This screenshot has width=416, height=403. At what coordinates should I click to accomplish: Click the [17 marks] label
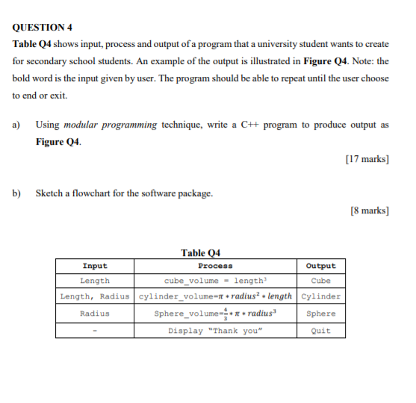(x=367, y=157)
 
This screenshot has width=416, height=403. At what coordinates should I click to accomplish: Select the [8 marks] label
(x=369, y=210)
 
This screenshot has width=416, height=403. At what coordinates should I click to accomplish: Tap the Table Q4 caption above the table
(x=200, y=252)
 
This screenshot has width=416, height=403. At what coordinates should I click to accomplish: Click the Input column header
(x=95, y=266)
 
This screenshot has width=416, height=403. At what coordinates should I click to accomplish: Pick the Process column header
(x=215, y=266)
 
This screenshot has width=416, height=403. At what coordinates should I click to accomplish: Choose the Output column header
(x=321, y=266)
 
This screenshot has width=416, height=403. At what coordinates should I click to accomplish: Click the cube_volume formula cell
(x=215, y=281)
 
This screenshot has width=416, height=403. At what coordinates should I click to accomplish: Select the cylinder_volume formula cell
(x=215, y=296)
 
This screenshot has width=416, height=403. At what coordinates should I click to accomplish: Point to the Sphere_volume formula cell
(x=215, y=313)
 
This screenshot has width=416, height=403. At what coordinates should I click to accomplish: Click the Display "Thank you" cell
(x=215, y=331)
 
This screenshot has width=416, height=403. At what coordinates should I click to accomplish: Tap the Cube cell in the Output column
(x=321, y=281)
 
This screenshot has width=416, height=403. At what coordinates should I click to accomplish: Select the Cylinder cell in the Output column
(x=321, y=296)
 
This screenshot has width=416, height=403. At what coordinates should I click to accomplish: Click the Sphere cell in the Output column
(x=321, y=313)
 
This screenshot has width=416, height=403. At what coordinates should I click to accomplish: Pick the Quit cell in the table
(x=321, y=331)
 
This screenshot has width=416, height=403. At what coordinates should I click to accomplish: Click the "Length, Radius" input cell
(x=95, y=296)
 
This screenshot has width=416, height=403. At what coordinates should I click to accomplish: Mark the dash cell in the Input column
(x=95, y=331)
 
